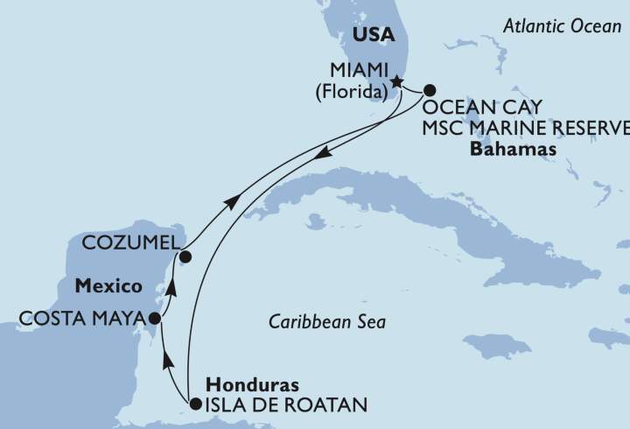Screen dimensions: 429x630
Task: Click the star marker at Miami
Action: pyautogui.click(x=396, y=82)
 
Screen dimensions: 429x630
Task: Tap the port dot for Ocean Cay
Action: pyautogui.click(x=430, y=89)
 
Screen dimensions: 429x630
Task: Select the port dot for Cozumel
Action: pyautogui.click(x=185, y=257)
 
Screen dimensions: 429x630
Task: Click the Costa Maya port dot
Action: pyautogui.click(x=154, y=319)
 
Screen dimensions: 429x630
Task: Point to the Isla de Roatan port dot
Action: pyautogui.click(x=195, y=404)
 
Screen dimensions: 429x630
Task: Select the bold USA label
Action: pyautogui.click(x=373, y=36)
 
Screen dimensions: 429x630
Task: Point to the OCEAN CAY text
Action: pyautogui.click(x=482, y=108)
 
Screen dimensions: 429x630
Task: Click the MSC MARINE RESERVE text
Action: pyautogui.click(x=526, y=129)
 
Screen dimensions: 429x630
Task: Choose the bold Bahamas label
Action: pyautogui.click(x=514, y=150)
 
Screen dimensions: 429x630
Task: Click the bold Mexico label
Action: pyautogui.click(x=108, y=286)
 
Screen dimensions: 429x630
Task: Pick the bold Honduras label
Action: pyautogui.click(x=251, y=385)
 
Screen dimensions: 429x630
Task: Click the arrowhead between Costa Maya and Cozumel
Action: pyautogui.click(x=172, y=286)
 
